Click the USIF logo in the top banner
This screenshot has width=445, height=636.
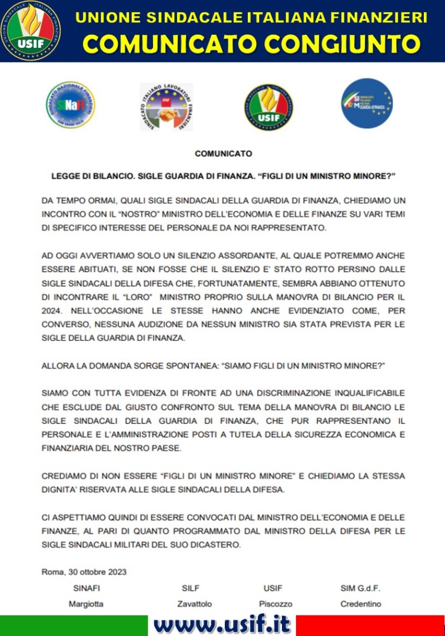click(x=30, y=31)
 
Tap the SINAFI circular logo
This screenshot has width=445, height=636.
click(x=71, y=105)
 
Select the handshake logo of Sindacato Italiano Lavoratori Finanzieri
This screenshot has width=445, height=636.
click(x=166, y=107)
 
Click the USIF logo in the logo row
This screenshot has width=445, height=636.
click(x=268, y=107)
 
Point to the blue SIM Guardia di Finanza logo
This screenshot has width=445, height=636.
click(x=368, y=103)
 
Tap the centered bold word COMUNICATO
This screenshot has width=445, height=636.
click(x=223, y=154)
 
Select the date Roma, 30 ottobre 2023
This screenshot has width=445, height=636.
click(x=84, y=571)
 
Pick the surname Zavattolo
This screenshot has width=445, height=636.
click(x=194, y=604)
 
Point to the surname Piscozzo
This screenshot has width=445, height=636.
click(x=275, y=604)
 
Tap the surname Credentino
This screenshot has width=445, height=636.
click(x=360, y=604)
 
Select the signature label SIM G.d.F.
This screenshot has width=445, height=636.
click(x=360, y=588)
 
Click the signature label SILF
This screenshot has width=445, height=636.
click(x=191, y=588)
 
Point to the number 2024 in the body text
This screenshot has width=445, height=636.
click(x=51, y=310)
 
